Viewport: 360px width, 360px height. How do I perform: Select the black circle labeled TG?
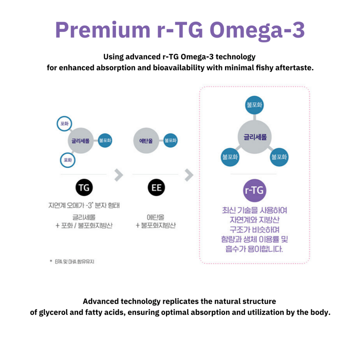click(x=84, y=188)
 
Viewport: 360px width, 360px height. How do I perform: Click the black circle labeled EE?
click(x=156, y=188)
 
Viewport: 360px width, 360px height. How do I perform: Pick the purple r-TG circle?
click(x=255, y=191)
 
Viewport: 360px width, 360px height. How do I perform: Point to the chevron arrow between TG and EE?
click(x=119, y=175)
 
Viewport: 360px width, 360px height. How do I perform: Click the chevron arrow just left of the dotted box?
click(x=189, y=175)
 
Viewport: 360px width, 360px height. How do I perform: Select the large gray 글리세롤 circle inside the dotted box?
click(x=255, y=137)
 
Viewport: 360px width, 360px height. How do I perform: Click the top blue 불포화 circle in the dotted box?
click(x=255, y=105)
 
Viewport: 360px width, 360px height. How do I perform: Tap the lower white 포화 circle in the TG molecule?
click(x=67, y=160)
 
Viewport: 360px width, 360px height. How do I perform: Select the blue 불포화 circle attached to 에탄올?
click(x=171, y=141)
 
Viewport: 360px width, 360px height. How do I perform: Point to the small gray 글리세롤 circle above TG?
click(x=81, y=141)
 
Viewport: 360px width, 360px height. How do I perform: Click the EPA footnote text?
click(x=74, y=262)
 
